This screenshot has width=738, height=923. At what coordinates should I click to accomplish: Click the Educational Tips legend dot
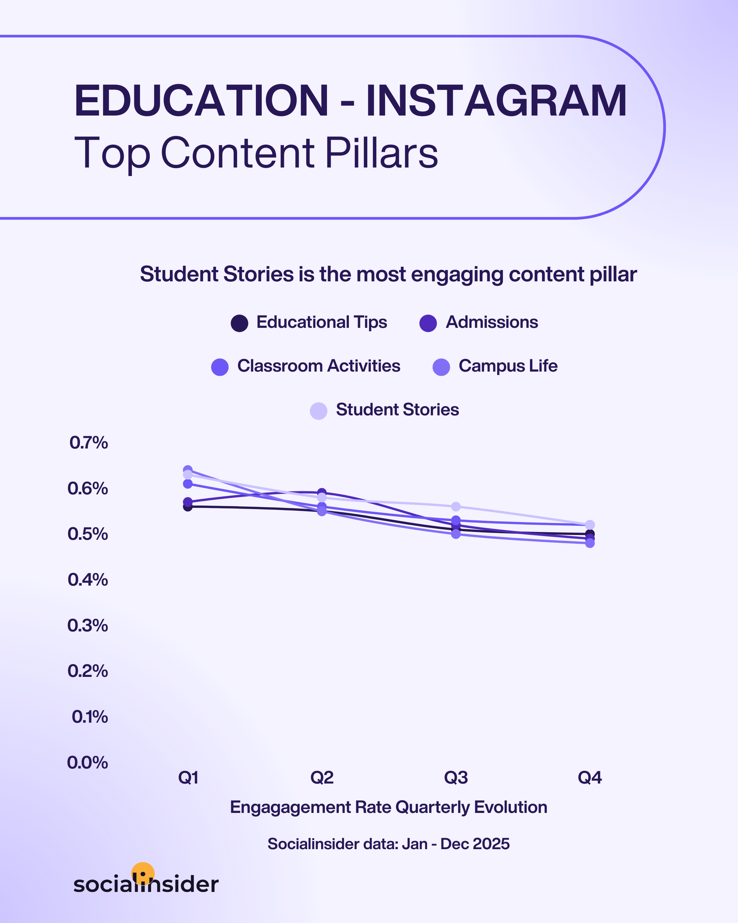click(239, 323)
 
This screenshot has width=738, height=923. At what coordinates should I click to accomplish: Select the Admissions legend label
click(492, 322)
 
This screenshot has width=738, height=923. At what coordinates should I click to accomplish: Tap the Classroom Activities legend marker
click(220, 367)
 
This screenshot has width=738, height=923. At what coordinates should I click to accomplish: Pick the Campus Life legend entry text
click(508, 366)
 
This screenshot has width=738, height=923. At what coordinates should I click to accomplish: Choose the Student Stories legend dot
click(318, 411)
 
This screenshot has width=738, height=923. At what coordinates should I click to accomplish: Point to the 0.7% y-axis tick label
click(88, 443)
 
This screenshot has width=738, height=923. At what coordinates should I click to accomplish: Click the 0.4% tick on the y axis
click(88, 580)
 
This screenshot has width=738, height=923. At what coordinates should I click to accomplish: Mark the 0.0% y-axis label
click(87, 762)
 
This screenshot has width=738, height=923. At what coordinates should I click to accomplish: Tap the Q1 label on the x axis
click(188, 777)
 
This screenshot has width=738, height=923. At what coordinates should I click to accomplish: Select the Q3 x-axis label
click(456, 777)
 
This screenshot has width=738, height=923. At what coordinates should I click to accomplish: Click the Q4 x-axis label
click(589, 777)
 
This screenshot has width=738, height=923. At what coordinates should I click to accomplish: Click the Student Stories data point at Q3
click(456, 506)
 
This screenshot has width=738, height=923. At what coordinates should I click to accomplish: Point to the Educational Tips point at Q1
click(188, 507)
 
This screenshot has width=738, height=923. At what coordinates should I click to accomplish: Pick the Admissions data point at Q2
click(322, 492)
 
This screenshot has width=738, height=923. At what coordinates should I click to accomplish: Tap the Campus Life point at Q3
click(456, 534)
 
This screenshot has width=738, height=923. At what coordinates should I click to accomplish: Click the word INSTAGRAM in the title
click(496, 101)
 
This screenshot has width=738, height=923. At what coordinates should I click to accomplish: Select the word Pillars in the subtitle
click(382, 153)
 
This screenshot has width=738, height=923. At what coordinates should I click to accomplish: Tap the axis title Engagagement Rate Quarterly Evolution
click(388, 807)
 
